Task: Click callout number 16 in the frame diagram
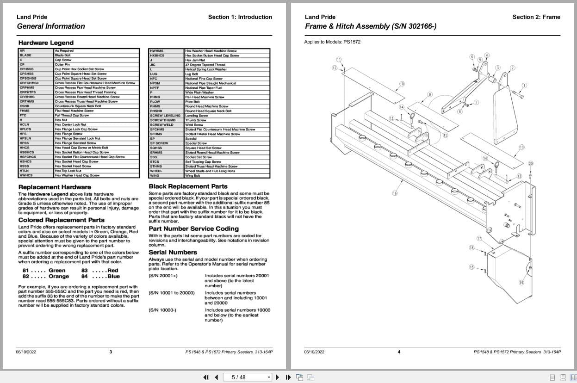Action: [395, 193]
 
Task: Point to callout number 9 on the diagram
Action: [430, 94]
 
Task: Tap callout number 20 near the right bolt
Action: [531, 164]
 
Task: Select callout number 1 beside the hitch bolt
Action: [524, 86]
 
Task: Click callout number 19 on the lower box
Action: [521, 283]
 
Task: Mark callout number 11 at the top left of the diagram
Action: [339, 60]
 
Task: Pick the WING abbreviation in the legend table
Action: [155, 175]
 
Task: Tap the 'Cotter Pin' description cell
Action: [62, 64]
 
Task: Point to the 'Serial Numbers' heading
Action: [173, 252]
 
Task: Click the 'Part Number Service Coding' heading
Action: [193, 229]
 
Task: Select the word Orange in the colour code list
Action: [59, 276]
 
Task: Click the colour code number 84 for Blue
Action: [84, 276]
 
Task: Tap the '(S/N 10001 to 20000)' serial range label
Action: [172, 293]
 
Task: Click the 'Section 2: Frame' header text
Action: [536, 17]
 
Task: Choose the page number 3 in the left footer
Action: [111, 352]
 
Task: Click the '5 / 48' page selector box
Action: [248, 377]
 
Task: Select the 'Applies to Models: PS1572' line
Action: [332, 42]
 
